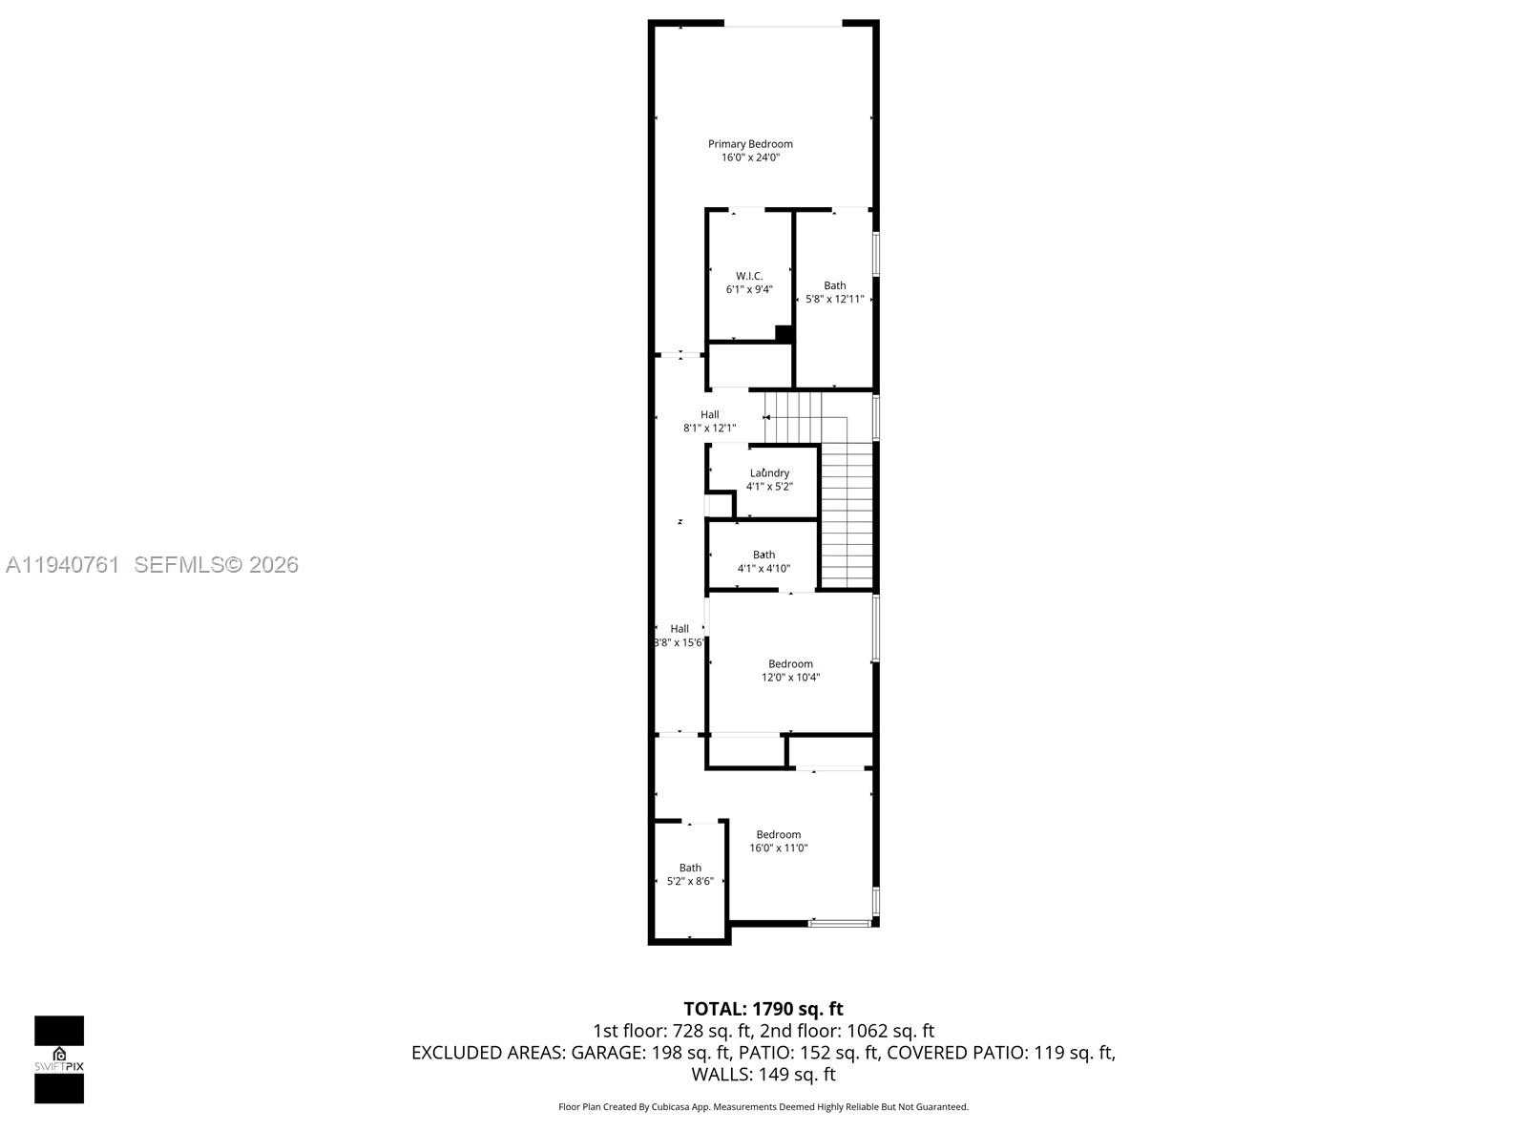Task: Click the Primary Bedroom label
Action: pos(750,144)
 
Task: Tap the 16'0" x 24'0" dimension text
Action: pos(750,157)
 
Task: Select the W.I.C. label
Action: pos(749,276)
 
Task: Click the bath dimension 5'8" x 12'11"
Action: pos(835,299)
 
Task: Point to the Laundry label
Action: pos(769,472)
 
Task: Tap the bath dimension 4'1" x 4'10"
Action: pos(763,569)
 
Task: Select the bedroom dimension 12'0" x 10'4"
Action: pos(790,678)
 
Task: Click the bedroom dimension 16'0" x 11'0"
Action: pos(779,848)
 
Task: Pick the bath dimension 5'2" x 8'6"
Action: pos(690,881)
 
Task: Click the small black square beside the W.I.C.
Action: pos(784,333)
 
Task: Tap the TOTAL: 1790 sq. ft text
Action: pos(763,1009)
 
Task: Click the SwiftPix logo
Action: pos(59,1059)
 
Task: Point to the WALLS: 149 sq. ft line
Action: pos(763,1075)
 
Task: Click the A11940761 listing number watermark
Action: pos(63,565)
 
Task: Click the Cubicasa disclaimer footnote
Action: pos(763,1107)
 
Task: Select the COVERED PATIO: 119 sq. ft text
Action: pos(1000,1053)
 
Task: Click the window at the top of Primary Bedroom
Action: pos(784,24)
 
